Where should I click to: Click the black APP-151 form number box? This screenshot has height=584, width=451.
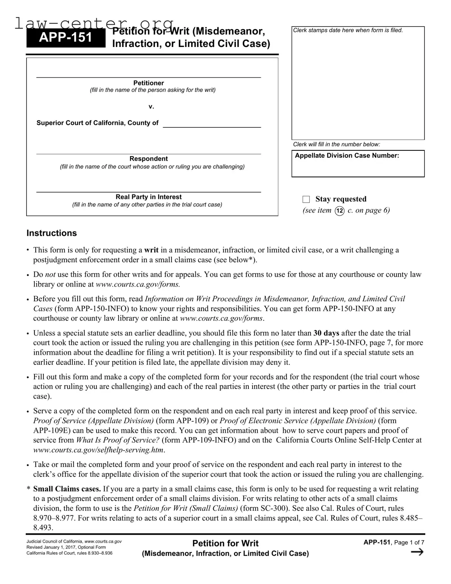click(x=66, y=38)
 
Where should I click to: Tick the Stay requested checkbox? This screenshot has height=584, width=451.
click(x=306, y=199)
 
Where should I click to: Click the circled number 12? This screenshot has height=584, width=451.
click(x=340, y=211)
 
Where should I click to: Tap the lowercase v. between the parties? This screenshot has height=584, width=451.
click(x=151, y=106)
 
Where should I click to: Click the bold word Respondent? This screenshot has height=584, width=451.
click(x=148, y=159)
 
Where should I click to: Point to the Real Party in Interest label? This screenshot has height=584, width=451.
click(x=148, y=197)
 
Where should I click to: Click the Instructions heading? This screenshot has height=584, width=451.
click(x=51, y=233)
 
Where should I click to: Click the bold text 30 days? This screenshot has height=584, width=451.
click(x=326, y=333)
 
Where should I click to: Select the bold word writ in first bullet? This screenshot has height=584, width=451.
click(x=151, y=250)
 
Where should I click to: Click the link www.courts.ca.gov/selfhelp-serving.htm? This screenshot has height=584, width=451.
click(x=98, y=450)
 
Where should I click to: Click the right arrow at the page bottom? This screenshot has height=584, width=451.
click(x=417, y=552)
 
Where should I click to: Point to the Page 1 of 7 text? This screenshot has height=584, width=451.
click(x=409, y=543)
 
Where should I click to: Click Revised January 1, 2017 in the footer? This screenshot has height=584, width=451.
click(x=57, y=547)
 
